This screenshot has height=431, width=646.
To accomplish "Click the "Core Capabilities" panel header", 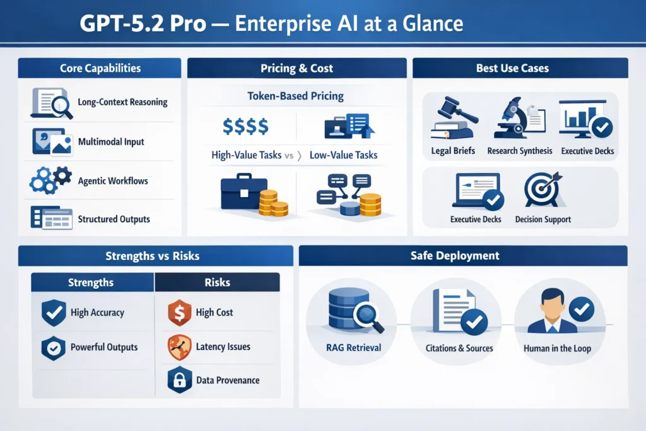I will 100,68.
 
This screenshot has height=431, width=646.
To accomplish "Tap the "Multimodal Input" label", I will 111,142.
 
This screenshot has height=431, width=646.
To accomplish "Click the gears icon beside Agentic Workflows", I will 50,180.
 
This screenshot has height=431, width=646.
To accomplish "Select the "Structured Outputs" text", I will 114,219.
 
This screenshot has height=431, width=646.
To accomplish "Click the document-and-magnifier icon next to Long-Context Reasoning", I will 51,103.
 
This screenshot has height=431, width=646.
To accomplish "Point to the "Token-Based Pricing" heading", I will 296,97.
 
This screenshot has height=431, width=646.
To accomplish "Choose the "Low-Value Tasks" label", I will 344,155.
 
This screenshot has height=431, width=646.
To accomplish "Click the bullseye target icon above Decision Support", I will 543,189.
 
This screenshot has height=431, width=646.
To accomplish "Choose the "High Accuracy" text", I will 97,312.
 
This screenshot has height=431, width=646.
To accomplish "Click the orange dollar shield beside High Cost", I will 179,312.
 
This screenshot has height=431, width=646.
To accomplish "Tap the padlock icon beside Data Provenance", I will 179,380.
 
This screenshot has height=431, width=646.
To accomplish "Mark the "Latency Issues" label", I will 223,346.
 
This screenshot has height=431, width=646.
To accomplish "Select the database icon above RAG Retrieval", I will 349,309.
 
